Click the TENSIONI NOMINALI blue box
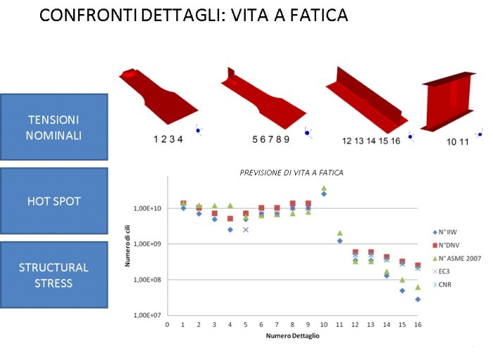point(54,126)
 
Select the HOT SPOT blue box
point(54,201)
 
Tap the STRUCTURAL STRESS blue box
point(54,275)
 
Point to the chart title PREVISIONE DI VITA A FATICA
point(292,173)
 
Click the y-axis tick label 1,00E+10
point(146,209)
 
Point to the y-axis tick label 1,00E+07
point(146,315)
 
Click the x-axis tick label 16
point(418,324)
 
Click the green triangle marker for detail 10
point(324,188)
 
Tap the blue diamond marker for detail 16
point(418,299)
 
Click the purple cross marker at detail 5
point(246,230)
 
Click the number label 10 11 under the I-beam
point(458,142)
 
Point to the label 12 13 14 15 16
point(371,141)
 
